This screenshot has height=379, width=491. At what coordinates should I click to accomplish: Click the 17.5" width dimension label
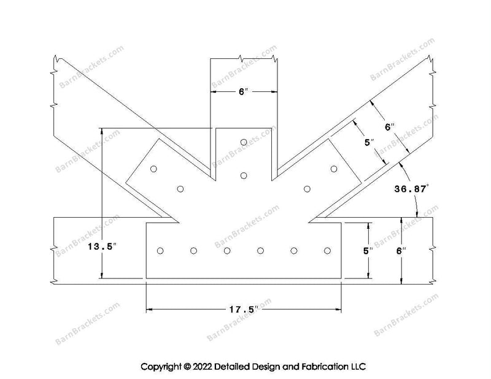click(244, 310)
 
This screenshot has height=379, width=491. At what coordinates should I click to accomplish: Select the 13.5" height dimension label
click(102, 247)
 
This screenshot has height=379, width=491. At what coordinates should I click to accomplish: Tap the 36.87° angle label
click(411, 189)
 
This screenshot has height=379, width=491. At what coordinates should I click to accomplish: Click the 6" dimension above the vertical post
click(243, 92)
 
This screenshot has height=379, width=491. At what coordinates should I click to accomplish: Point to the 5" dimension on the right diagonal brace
click(369, 143)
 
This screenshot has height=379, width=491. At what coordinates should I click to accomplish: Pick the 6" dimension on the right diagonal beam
click(390, 127)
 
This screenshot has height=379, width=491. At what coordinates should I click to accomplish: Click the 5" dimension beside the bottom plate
click(368, 251)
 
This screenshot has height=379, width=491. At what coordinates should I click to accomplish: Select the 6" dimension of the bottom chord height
click(401, 251)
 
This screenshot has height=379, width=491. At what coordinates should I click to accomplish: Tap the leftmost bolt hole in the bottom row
click(160, 251)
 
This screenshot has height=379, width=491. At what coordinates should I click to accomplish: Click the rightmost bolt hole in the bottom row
click(327, 251)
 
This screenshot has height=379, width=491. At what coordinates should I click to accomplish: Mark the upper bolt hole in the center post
click(244, 142)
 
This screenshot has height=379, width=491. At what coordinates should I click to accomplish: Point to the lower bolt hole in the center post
click(244, 175)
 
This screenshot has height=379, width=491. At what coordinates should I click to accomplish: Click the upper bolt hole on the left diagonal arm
click(153, 169)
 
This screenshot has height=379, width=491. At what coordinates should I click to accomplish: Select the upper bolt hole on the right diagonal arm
click(334, 169)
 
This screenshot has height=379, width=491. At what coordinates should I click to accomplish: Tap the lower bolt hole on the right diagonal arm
click(307, 189)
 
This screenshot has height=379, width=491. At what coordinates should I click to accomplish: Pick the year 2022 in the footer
click(203, 367)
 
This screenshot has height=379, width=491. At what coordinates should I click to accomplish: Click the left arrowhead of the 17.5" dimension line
click(149, 310)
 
